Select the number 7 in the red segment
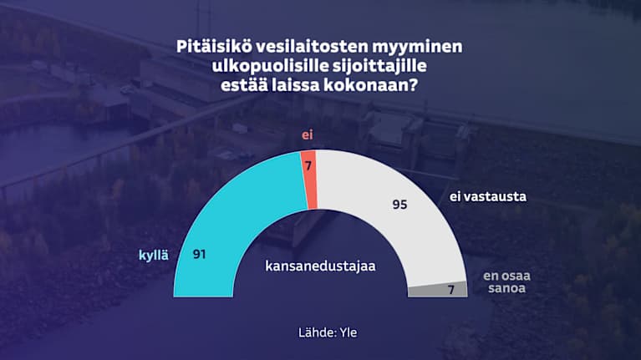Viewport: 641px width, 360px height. pyautogui.click(x=308, y=165)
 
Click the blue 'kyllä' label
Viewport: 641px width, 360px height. pyautogui.click(x=154, y=255)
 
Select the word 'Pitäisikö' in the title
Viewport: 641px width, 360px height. pyautogui.click(x=212, y=46)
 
